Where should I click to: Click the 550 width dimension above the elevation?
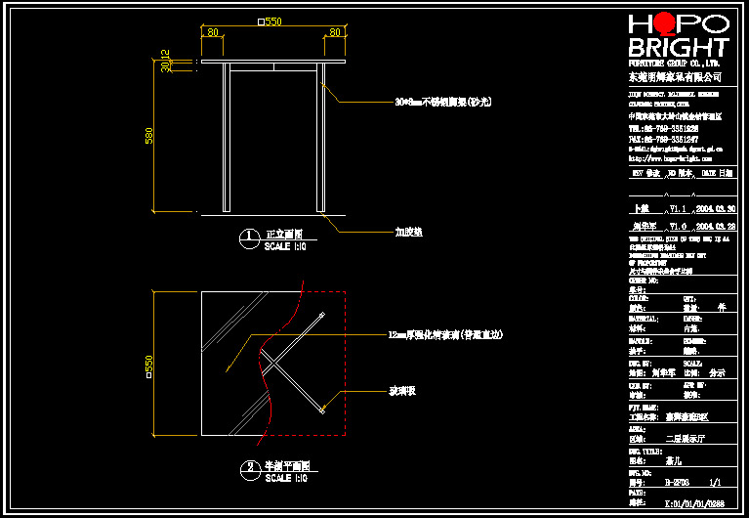pyautogui.click(x=270, y=22)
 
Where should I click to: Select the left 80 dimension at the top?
pyautogui.click(x=212, y=32)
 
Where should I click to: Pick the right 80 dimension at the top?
pyautogui.click(x=334, y=32)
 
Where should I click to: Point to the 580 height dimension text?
pyautogui.click(x=149, y=136)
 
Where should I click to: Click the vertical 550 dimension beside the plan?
pyautogui.click(x=149, y=364)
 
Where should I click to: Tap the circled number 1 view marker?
pyautogui.click(x=250, y=236)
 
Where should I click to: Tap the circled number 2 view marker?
pyautogui.click(x=250, y=467)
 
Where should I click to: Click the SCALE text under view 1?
pyautogui.click(x=285, y=247)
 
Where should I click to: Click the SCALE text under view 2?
pyautogui.click(x=285, y=478)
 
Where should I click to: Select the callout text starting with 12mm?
pyautogui.click(x=444, y=335)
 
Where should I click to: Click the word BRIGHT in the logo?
pyautogui.click(x=678, y=48)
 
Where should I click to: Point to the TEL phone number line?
pyautogui.click(x=663, y=128)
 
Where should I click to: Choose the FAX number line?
pyautogui.click(x=663, y=139)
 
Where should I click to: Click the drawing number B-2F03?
pyautogui.click(x=678, y=482)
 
